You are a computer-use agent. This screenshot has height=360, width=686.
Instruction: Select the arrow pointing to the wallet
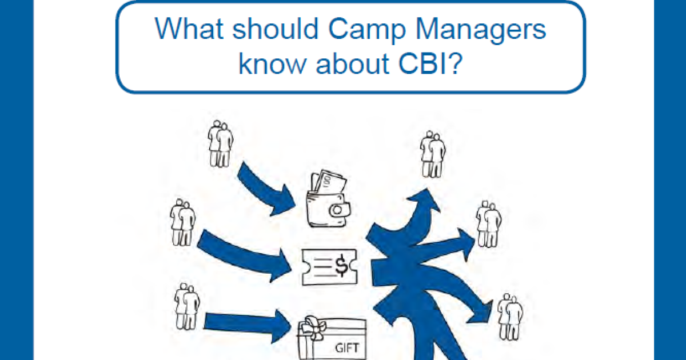click(266, 189)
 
